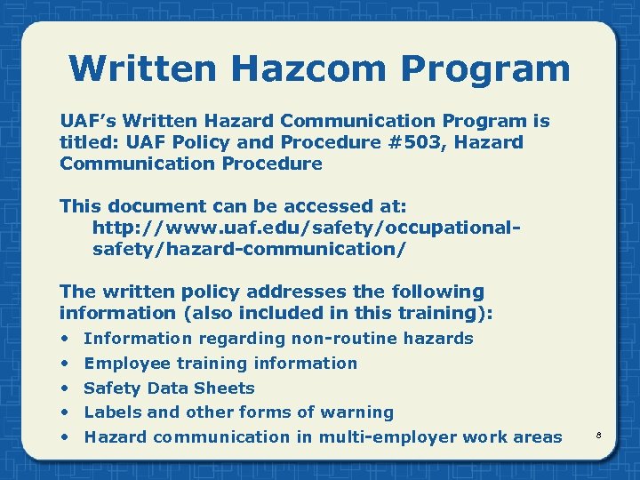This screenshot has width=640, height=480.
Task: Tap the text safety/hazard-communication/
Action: point(249,249)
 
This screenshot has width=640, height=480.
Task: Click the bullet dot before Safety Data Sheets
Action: point(65,388)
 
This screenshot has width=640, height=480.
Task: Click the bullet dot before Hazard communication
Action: point(65,437)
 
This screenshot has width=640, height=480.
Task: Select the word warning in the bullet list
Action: point(360,412)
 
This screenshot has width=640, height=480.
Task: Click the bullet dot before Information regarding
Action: point(65,339)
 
